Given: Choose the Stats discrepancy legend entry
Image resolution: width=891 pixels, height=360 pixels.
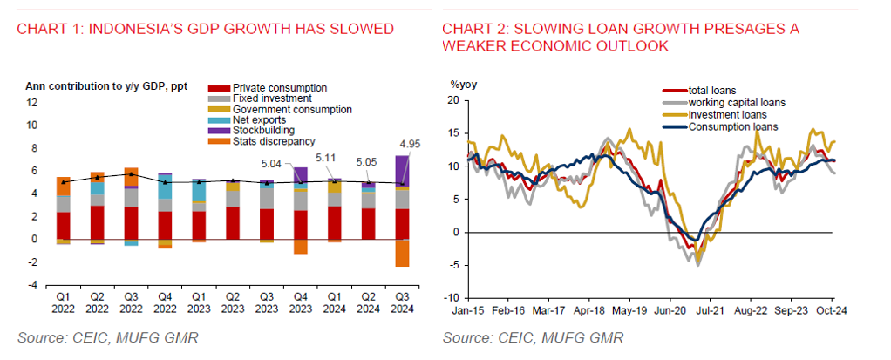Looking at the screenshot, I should pos(265,141).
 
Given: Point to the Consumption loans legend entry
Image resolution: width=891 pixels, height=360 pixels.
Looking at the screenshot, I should pos(727,126).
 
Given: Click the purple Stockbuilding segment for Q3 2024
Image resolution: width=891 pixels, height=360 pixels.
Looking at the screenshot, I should pos(402,169).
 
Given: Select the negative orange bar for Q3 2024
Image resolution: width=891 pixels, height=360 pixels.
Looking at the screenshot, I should pos(402,253).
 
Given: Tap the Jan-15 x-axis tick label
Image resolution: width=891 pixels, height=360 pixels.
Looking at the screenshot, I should pos(468,309).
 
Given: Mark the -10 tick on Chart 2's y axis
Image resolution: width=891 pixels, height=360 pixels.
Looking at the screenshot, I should pos(451,298).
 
